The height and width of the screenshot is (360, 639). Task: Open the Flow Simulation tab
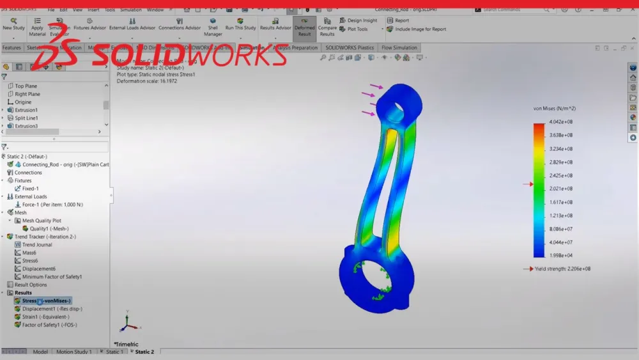pyautogui.click(x=399, y=48)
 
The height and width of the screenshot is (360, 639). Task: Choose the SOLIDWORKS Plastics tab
pyautogui.click(x=349, y=48)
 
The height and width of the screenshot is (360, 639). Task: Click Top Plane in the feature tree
pyautogui.click(x=26, y=86)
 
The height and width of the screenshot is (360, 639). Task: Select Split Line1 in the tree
pyautogui.click(x=26, y=118)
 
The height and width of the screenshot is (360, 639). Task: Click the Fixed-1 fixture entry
pyautogui.click(x=31, y=189)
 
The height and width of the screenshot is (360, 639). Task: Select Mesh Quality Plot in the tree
pyautogui.click(x=42, y=221)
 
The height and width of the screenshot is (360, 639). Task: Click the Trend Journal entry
pyautogui.click(x=37, y=245)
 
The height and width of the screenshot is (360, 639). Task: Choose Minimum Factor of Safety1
pyautogui.click(x=52, y=277)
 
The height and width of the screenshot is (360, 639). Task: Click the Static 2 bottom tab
pyautogui.click(x=144, y=352)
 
